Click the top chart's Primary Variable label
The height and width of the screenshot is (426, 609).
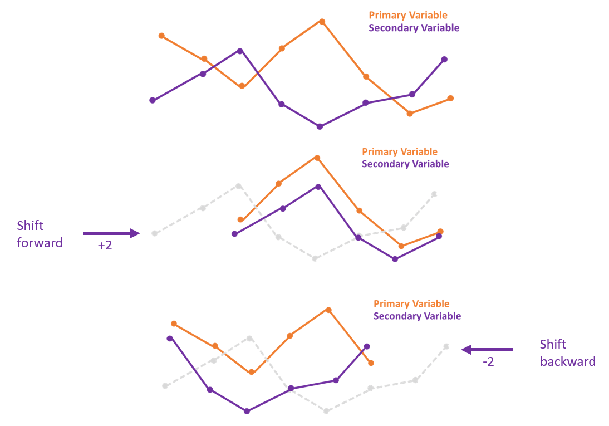pyautogui.click(x=408, y=16)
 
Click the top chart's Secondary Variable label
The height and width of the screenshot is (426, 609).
pyautogui.click(x=414, y=28)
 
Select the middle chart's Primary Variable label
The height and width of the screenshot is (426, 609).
pyautogui.click(x=400, y=151)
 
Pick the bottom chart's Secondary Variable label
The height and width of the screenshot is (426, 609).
pyautogui.click(x=417, y=316)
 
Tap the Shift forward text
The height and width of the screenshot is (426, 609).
pyautogui.click(x=40, y=234)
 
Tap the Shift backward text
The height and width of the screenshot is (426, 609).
pyautogui.click(x=567, y=352)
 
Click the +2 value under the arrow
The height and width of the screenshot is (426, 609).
pyautogui.click(x=105, y=245)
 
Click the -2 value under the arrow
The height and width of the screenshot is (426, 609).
pyautogui.click(x=488, y=362)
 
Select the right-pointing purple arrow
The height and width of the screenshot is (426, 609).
pyautogui.click(x=111, y=233)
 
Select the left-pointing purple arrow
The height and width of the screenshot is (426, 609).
pyautogui.click(x=487, y=350)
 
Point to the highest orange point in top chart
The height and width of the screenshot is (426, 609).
pyautogui.click(x=322, y=22)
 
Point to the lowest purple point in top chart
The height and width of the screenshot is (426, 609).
pyautogui.click(x=320, y=126)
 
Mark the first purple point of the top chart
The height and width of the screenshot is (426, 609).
pyautogui.click(x=153, y=100)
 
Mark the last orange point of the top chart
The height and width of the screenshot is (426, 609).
pyautogui.click(x=450, y=99)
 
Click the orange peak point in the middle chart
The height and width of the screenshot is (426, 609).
pyautogui.click(x=317, y=158)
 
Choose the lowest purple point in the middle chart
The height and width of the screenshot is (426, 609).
pyautogui.click(x=395, y=259)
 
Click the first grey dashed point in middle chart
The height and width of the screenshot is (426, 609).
pyautogui.click(x=155, y=233)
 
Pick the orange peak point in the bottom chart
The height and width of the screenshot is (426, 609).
pyautogui.click(x=328, y=310)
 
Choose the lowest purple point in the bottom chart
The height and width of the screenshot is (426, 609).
pyautogui.click(x=247, y=411)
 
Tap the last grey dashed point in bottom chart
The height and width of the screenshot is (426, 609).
pyautogui.click(x=446, y=346)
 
